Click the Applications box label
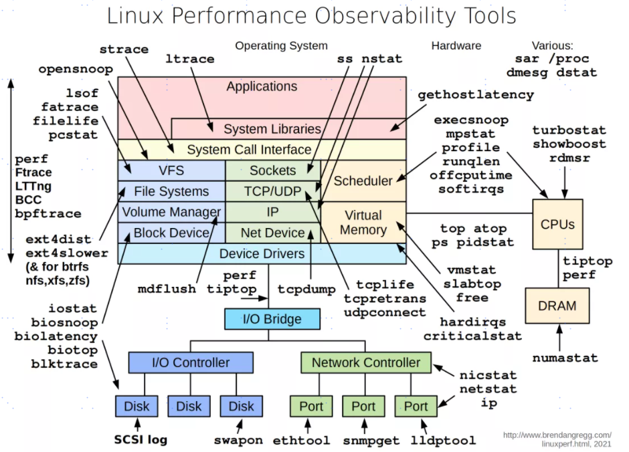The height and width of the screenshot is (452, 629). coord(262,87)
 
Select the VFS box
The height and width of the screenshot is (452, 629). coord(171,171)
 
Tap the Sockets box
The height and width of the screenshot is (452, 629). coord(272,171)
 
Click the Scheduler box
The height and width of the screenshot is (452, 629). coord(363,181)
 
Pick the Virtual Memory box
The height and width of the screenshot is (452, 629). coord(363,223)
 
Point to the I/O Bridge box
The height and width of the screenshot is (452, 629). coord(262,318)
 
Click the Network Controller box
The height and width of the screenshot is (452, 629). coord(366,362)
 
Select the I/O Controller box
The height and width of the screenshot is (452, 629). coord(190,362)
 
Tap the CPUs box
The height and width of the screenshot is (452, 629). coord(557,225)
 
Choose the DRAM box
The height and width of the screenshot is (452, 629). coord(557,306)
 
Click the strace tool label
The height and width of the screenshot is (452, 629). coord(124,49)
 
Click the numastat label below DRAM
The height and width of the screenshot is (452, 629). coord(565,358)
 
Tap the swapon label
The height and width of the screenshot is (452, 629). coord(238,441)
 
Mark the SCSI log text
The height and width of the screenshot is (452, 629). coord(140,440)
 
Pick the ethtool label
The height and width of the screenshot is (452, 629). coord(301,441)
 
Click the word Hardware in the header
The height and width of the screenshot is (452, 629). coord(456,46)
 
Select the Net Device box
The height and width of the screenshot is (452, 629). coord(272,233)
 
